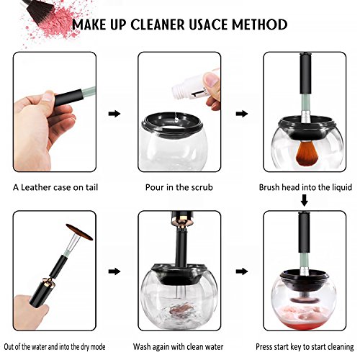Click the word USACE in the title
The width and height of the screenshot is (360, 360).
click(208, 24)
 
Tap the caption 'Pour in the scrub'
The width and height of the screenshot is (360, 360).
click(179, 187)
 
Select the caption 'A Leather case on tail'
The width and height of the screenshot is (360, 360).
click(55, 187)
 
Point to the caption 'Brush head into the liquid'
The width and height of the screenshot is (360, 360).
click(305, 187)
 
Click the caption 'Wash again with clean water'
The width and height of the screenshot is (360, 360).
click(178, 347)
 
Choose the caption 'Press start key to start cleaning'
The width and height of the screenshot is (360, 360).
click(305, 347)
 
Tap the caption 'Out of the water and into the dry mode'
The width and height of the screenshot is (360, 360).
click(55, 347)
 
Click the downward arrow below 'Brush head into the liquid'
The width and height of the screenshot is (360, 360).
click(305, 200)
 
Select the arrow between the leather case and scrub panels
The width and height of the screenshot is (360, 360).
click(114, 114)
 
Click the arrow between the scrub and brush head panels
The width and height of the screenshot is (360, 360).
click(242, 114)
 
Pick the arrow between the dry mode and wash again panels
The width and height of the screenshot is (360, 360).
click(114, 271)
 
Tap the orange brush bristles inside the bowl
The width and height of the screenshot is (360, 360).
click(305, 153)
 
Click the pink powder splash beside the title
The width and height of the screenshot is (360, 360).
click(52, 25)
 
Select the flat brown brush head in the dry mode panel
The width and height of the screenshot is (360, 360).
click(79, 232)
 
